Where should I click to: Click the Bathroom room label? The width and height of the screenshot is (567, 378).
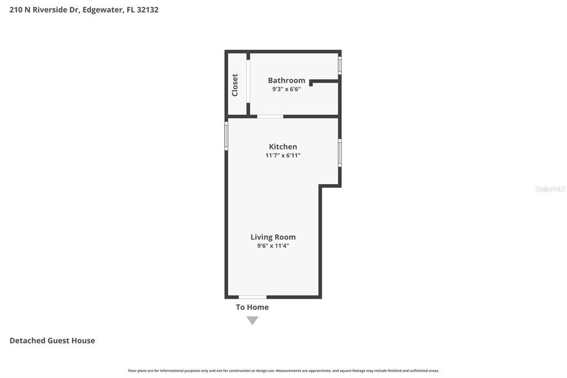tap(286, 80)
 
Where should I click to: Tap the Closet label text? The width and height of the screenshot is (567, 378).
tap(235, 85)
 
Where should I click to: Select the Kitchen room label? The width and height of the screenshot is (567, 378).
tap(283, 147)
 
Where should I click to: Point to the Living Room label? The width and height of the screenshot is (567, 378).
tap(273, 237)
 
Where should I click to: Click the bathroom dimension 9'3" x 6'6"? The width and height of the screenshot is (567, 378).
tap(286, 89)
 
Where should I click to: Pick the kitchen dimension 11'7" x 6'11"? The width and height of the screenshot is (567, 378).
tap(283, 156)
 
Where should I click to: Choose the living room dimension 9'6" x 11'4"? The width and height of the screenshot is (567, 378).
tap(273, 246)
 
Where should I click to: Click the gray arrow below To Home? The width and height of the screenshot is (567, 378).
tap(252, 320)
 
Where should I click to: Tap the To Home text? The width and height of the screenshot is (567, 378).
tap(252, 307)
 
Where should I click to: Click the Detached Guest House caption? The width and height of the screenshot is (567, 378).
tap(52, 341)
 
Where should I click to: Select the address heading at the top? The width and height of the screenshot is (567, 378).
tap(84, 9)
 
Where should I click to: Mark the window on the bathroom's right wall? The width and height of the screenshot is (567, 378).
tap(340, 64)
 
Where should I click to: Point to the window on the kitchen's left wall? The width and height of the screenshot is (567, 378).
tap(226, 135)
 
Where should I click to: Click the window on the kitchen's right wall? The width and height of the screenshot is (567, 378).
tap(340, 152)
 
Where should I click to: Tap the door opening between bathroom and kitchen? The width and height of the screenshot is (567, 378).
tap(270, 116)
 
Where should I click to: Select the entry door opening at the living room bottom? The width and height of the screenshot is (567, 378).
tap(252, 297)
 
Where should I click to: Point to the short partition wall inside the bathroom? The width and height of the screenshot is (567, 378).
tap(324, 81)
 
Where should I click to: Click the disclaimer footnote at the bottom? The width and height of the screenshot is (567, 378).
tap(283, 371)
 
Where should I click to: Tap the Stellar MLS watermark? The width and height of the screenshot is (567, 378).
tap(550, 189)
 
